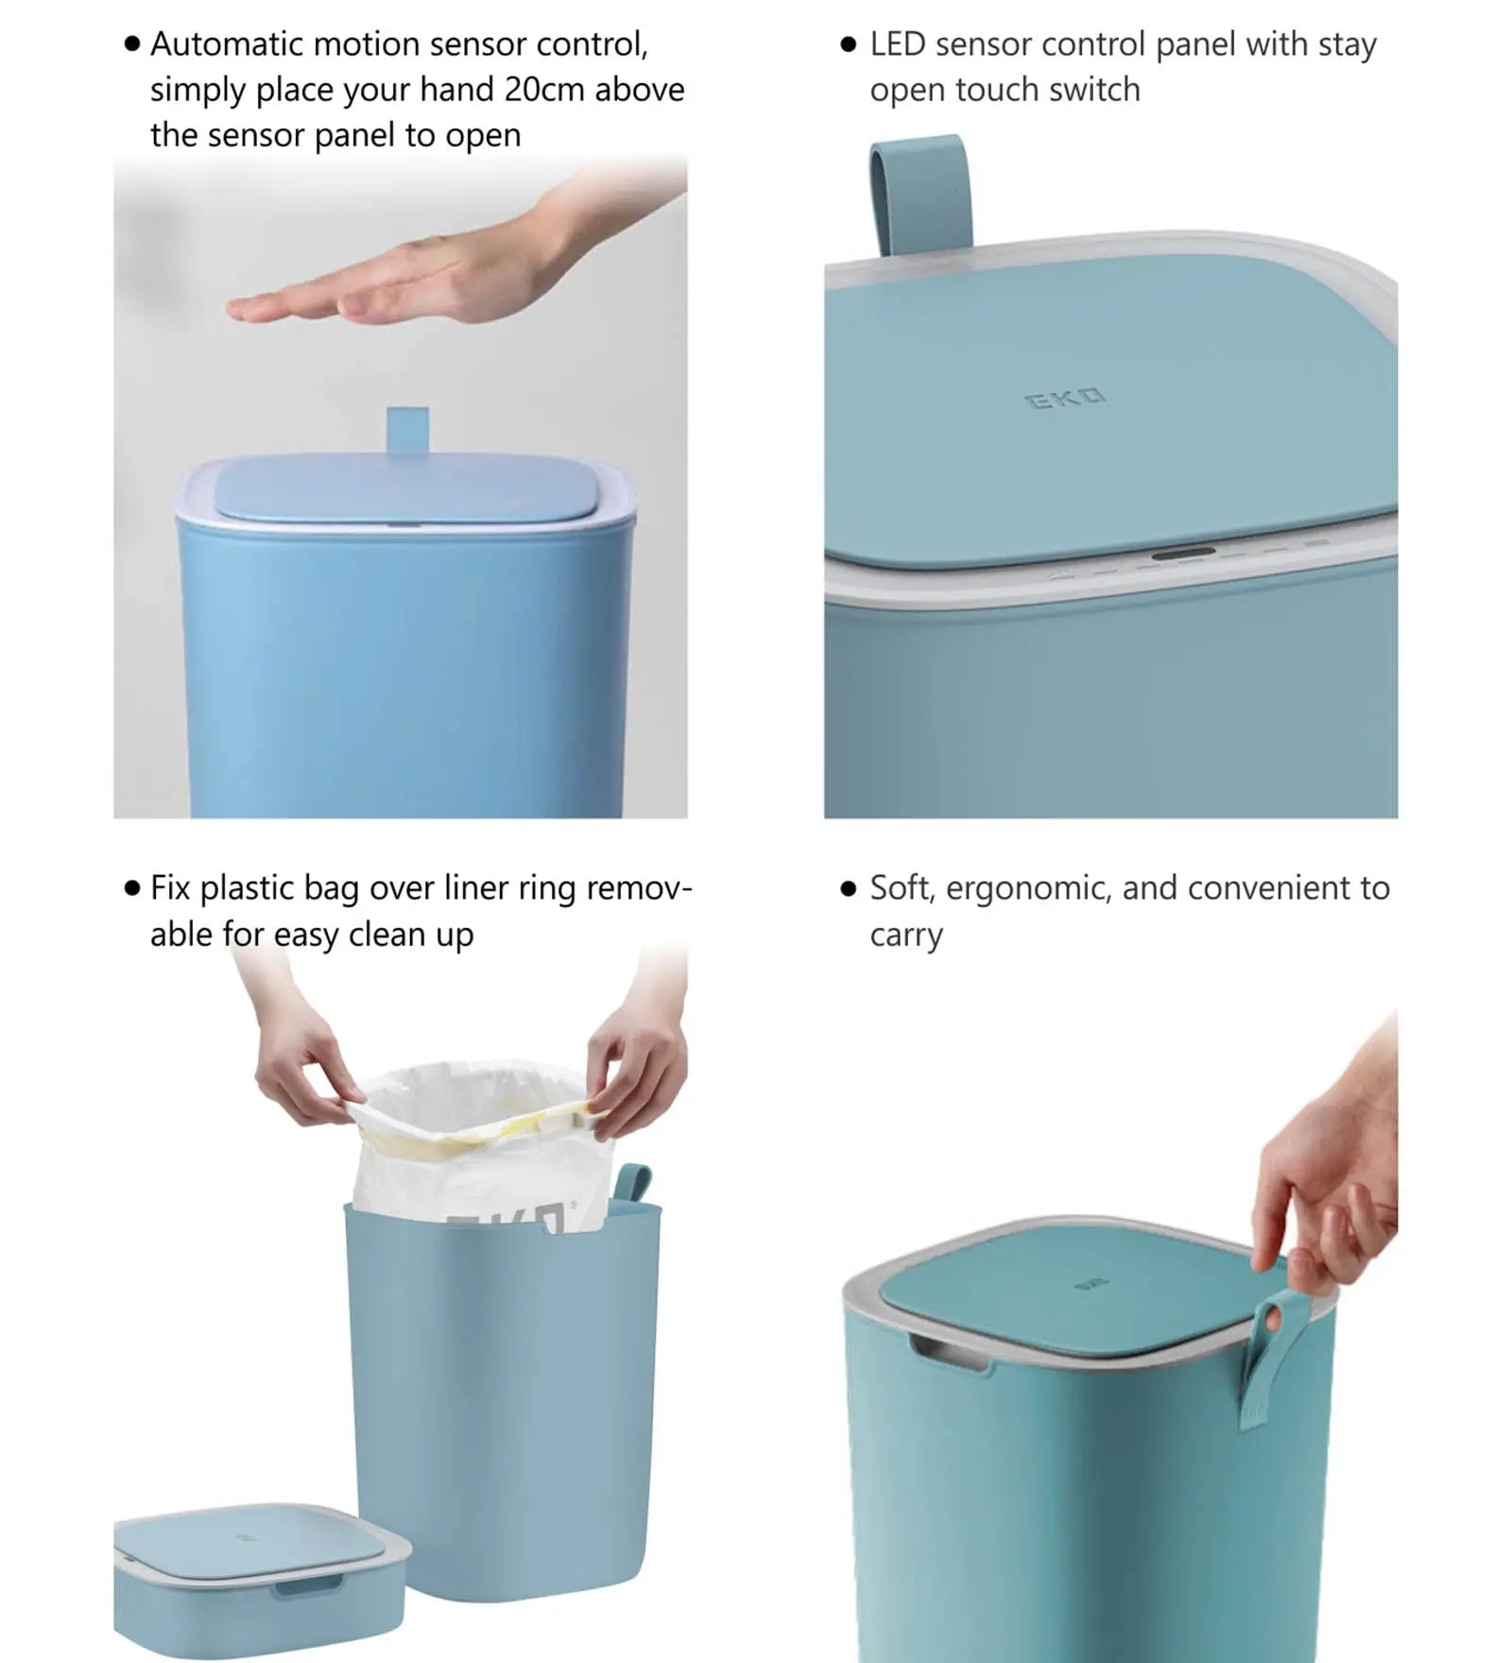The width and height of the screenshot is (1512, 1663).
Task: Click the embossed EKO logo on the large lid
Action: [1065, 399]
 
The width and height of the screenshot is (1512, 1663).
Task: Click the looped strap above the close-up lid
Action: [920, 194]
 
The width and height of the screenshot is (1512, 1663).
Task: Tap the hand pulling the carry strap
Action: [1332, 1181]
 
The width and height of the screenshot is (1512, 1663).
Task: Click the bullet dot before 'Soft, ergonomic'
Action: [848, 888]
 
